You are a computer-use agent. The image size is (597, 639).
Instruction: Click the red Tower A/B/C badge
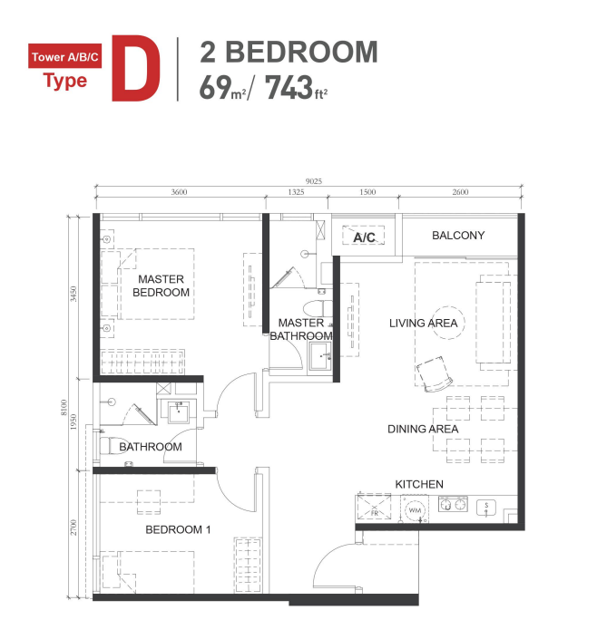[x=65, y=56]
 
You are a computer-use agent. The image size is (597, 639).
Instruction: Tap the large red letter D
[x=135, y=68]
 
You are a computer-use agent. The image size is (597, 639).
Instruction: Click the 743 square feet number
[x=289, y=88]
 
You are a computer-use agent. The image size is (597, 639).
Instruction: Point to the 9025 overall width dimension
[x=313, y=181]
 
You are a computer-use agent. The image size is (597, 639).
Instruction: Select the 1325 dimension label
[x=296, y=192]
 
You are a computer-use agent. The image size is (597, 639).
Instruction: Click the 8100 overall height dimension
[x=64, y=408]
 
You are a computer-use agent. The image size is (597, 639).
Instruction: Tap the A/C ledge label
[x=364, y=237]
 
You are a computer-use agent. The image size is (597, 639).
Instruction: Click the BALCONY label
[x=458, y=236]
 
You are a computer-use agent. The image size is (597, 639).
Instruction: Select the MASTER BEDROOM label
[x=161, y=286]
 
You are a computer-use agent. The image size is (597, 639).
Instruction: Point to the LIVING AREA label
[x=423, y=324]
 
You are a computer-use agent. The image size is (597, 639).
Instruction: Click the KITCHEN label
[x=419, y=484]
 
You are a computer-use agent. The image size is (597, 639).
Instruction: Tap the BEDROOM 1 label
[x=178, y=529]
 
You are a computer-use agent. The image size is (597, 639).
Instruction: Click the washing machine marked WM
[x=415, y=509]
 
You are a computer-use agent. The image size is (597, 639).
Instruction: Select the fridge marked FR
[x=374, y=508]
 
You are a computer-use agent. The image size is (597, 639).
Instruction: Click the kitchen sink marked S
[x=486, y=508]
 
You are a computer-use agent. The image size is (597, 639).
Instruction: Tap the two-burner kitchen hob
[x=453, y=504]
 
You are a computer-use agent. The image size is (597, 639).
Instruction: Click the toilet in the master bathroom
[x=318, y=308]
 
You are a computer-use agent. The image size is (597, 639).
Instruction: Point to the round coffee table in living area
[x=448, y=323]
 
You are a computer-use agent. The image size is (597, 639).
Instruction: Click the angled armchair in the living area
[x=435, y=373]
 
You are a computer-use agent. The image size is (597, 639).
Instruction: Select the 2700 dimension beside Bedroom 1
[x=73, y=528]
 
